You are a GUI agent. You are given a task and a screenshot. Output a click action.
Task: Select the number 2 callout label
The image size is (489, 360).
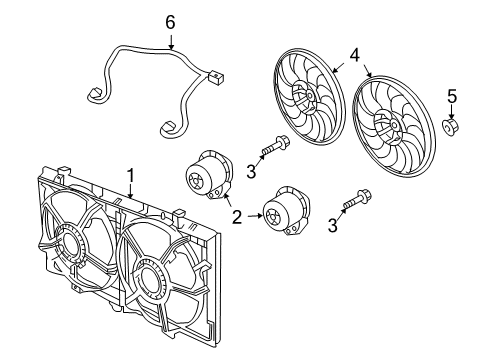[236, 216]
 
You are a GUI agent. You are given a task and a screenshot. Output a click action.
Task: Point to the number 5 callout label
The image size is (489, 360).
[451, 97]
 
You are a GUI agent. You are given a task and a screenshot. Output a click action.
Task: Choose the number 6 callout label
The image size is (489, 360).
[170, 21]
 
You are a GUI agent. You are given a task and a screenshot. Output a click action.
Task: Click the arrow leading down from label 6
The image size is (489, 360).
[170, 41]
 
